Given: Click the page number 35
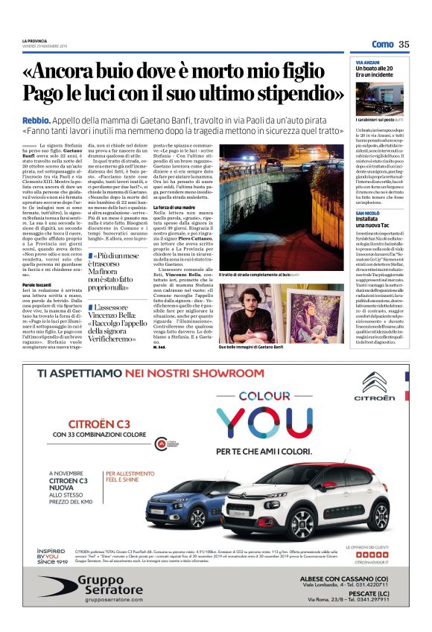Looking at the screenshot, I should coord(404,45).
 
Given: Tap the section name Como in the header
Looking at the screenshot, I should coord(382,45).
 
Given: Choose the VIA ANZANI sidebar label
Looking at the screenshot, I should coord(367,62).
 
